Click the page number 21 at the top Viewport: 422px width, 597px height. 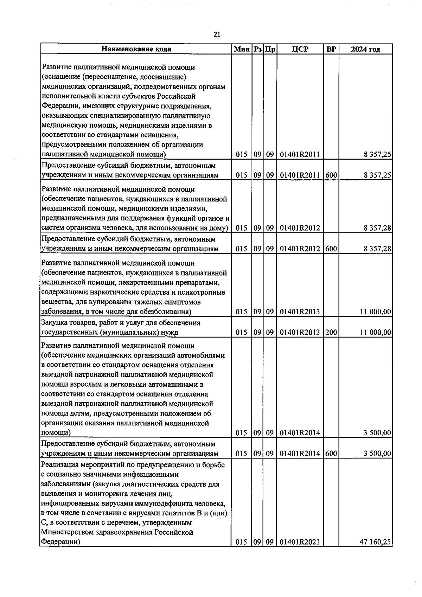(217, 34)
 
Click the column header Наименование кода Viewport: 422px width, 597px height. (136, 49)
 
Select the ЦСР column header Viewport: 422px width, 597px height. (300, 49)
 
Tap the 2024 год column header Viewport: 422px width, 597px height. (365, 49)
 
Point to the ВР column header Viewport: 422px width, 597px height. (331, 49)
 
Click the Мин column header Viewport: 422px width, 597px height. (241, 49)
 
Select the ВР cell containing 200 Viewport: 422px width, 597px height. (331, 332)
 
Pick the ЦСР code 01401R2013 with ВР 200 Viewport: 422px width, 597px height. (300, 332)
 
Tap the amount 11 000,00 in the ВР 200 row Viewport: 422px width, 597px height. (375, 332)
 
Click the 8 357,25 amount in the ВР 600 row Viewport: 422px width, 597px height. (377, 175)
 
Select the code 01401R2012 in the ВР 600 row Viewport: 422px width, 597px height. (300, 249)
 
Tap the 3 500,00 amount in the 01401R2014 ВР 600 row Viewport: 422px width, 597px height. (377, 454)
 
